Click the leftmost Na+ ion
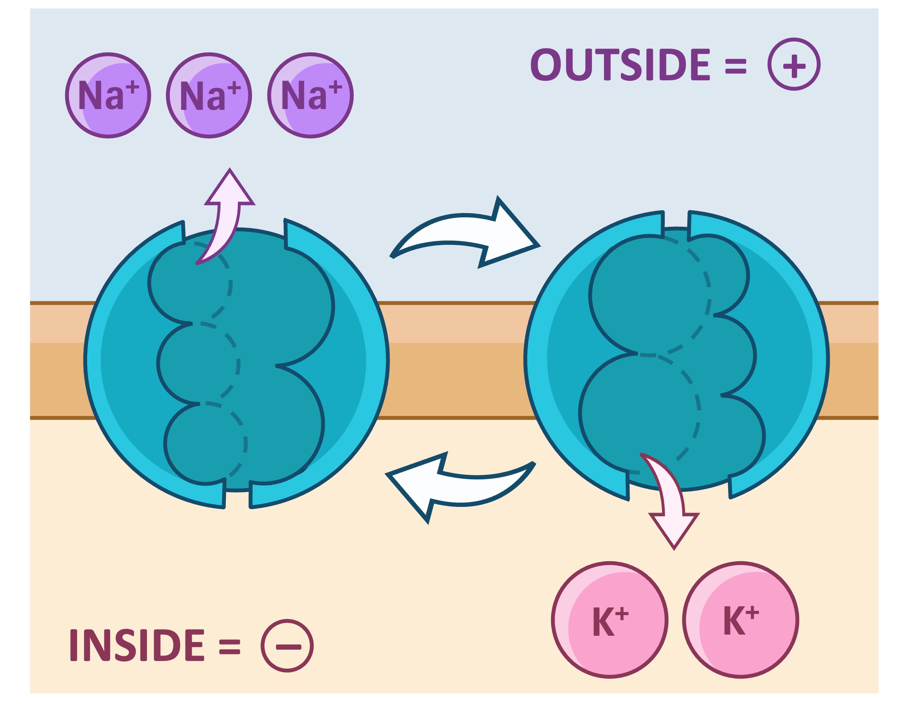point(108,95)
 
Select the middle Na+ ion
point(209,95)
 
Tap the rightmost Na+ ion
point(311,95)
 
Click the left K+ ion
point(610,620)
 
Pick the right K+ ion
point(741,620)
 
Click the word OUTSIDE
point(620,64)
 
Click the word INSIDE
point(137,645)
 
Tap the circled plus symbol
point(794,64)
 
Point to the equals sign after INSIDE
point(230,646)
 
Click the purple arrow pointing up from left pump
point(227,217)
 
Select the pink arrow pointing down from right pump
point(670,504)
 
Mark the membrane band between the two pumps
point(456,360)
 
